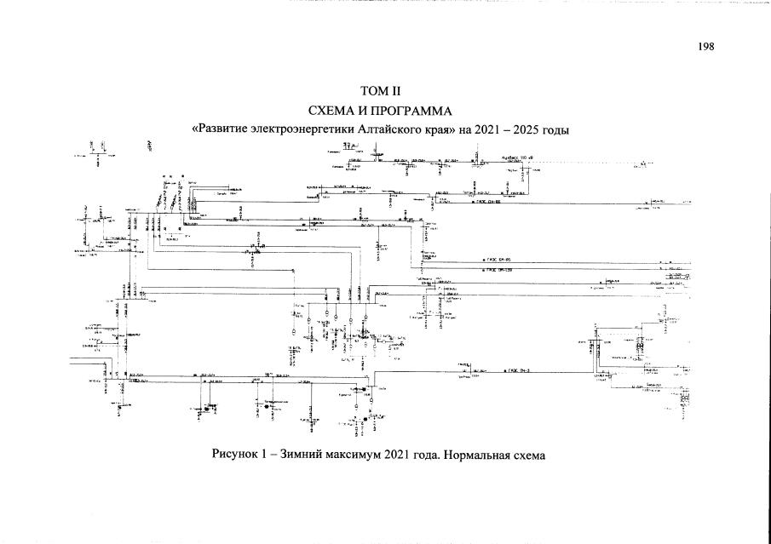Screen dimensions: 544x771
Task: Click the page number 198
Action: coord(705,47)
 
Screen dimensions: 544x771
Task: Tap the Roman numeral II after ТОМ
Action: coord(393,91)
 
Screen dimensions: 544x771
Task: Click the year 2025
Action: coord(538,130)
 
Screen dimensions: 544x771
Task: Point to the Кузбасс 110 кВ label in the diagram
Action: coord(517,157)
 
